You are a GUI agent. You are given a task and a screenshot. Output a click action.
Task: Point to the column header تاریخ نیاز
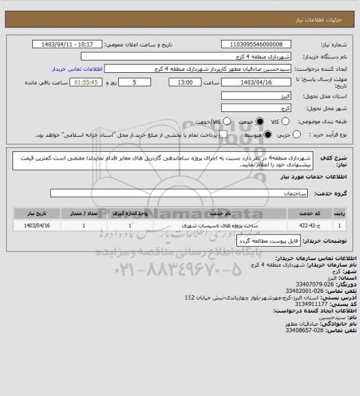pos(37,214)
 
